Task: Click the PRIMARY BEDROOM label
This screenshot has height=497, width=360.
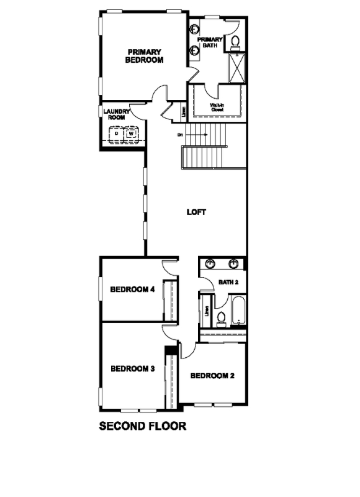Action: click(144, 56)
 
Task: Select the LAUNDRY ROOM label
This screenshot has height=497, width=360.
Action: click(116, 114)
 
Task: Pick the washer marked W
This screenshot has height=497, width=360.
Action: click(131, 134)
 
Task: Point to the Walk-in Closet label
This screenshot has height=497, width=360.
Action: click(217, 107)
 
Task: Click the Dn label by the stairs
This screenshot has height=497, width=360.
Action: click(180, 134)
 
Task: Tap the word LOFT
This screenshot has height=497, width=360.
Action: click(196, 212)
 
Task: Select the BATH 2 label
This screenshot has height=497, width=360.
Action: click(228, 283)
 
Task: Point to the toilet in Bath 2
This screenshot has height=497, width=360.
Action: click(221, 317)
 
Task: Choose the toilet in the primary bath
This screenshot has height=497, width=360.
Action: click(235, 42)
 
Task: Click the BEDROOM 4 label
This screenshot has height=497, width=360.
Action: click(132, 289)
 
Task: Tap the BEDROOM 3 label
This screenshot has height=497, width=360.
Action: click(132, 368)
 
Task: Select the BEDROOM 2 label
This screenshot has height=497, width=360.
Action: click(212, 375)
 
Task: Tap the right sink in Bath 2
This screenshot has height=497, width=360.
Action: click(234, 265)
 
